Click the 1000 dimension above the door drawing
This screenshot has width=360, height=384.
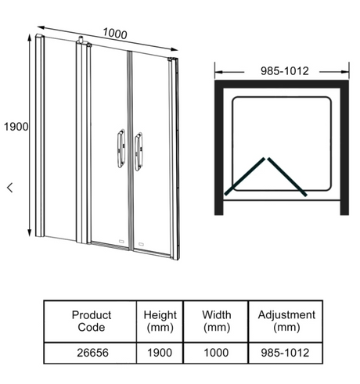click(115, 34)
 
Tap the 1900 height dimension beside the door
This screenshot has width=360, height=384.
click(16, 127)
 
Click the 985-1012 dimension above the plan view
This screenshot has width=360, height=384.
click(285, 71)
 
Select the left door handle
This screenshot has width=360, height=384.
click(121, 148)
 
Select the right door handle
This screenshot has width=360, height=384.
click(139, 152)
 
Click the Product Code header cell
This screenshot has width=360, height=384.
click(90, 321)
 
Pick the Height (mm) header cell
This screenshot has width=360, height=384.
click(160, 321)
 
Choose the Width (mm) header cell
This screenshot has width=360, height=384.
click(216, 321)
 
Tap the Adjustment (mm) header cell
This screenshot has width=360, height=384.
click(286, 321)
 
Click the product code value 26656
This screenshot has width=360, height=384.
click(92, 353)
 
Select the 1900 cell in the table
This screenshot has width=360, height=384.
click(160, 353)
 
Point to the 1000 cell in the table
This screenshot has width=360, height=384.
click(216, 353)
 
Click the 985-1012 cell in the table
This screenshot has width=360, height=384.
click(285, 353)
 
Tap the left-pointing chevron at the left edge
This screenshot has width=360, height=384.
click(10, 188)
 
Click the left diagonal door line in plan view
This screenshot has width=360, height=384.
click(244, 176)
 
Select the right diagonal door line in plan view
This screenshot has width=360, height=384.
click(287, 177)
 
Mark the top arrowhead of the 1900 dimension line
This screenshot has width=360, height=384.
click(30, 37)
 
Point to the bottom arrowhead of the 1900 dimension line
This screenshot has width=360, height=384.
click(30, 233)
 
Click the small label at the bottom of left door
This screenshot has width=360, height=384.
click(121, 242)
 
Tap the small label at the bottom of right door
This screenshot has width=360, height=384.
click(141, 244)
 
